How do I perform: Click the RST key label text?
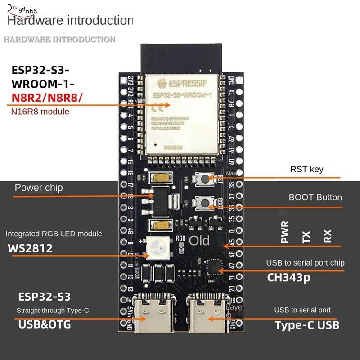coord(306,170)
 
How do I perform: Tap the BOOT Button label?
coord(315,197)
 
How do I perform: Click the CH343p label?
coord(289,278)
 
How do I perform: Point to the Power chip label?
coord(39,188)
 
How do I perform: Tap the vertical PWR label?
coord(284,232)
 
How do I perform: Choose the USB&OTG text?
coord(45,324)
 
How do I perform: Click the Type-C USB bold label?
coord(307,325)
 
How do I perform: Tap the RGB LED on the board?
coord(155,246)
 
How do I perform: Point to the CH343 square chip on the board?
coord(214,266)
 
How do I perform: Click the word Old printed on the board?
coord(199,241)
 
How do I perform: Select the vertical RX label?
coord(328,236)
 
